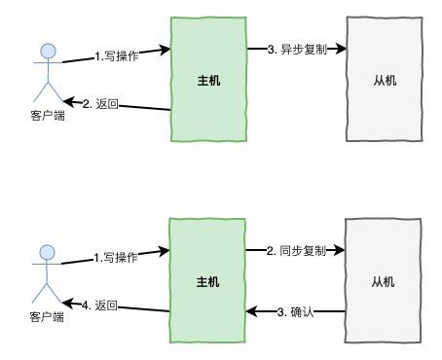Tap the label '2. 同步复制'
pyautogui.click(x=297, y=250)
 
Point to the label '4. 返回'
pyautogui.click(x=99, y=306)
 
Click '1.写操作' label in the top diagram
pyautogui.click(x=117, y=56)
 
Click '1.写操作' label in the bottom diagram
pyautogui.click(x=116, y=258)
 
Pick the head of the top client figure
pyautogui.click(x=47, y=51)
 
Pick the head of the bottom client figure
pyautogui.click(x=47, y=253)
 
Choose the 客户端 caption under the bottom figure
pyautogui.click(x=46, y=317)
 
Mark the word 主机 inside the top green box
pyautogui.click(x=208, y=80)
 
